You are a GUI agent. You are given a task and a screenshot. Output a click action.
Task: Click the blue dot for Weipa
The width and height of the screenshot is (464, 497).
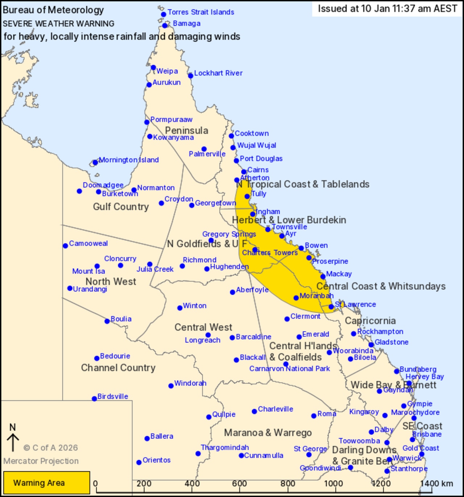153,68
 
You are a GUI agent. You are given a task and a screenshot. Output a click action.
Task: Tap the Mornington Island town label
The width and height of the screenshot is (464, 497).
129,160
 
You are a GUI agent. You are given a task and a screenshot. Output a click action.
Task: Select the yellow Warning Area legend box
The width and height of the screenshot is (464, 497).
46,482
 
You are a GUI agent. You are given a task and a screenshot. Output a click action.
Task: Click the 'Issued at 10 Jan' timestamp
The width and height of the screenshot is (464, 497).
387,9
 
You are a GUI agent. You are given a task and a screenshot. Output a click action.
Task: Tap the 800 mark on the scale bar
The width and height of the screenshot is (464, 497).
287,483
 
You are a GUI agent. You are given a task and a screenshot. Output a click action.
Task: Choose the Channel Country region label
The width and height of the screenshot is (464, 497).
118,368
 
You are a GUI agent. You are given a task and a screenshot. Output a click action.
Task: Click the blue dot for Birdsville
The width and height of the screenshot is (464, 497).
94,399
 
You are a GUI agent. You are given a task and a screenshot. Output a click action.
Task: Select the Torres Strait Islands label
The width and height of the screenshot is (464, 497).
201,12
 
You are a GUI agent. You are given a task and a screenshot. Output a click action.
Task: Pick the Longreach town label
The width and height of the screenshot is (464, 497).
202,340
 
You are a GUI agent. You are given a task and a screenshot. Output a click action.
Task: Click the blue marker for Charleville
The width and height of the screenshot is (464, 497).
254,411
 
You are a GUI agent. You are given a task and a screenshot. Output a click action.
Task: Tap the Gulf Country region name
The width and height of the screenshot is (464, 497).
121,207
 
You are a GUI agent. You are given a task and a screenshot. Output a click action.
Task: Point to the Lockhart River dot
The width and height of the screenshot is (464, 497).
191,76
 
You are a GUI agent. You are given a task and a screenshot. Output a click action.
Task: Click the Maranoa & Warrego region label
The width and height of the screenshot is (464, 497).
268,432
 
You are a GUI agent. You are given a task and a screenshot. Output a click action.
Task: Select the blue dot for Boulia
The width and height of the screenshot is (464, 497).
107,321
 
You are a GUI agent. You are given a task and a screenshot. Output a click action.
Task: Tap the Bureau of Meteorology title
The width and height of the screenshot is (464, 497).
53,10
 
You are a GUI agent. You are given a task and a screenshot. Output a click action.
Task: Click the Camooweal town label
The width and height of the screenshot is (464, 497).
88,243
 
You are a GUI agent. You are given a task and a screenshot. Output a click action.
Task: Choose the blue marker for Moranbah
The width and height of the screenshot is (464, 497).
296,298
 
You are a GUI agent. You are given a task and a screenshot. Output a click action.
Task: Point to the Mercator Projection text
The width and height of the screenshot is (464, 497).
41,461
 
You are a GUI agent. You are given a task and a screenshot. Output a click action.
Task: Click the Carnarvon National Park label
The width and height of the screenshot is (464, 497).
289,369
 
